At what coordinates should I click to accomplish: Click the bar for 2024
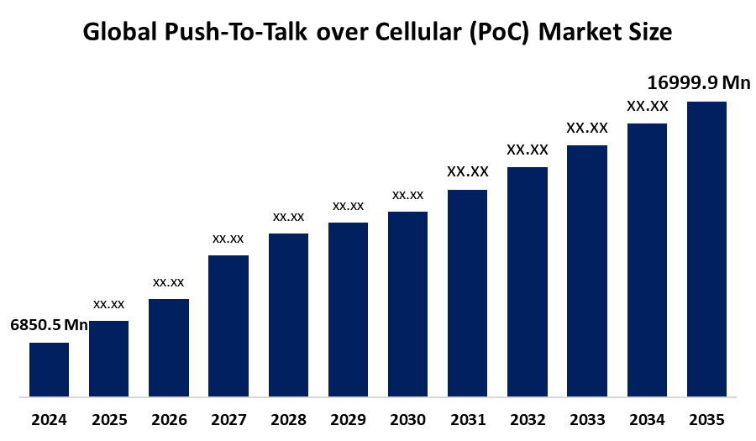[49, 369]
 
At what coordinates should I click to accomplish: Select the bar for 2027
[228, 325]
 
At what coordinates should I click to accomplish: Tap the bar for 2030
[407, 303]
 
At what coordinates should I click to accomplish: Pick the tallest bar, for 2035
[706, 249]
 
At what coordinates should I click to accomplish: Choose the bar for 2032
[528, 281]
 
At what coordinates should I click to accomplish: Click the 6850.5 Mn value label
[49, 325]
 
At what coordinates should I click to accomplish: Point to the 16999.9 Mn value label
[698, 82]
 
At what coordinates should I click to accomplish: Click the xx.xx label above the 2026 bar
[168, 282]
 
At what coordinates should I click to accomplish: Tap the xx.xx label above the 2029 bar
[348, 206]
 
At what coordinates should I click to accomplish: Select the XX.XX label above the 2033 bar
[586, 128]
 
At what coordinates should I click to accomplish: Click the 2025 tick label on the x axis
[108, 419]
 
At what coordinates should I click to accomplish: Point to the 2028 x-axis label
[288, 419]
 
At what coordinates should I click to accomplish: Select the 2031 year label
[467, 419]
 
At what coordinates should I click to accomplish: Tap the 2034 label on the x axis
[647, 419]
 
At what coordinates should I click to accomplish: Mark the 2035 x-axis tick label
[706, 419]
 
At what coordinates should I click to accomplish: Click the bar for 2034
[647, 260]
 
